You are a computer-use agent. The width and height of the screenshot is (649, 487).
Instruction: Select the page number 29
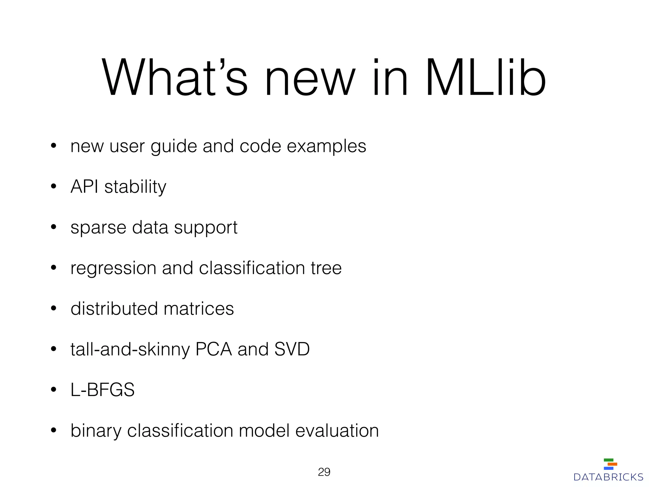(x=324, y=472)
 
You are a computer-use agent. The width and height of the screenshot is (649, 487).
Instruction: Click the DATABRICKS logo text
(x=608, y=477)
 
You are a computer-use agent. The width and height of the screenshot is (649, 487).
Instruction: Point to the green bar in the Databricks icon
(x=608, y=460)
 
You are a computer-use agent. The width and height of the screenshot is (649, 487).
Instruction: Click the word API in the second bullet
(x=84, y=186)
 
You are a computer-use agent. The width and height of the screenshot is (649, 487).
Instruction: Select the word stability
(x=135, y=187)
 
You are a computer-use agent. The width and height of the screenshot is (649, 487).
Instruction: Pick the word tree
(x=326, y=268)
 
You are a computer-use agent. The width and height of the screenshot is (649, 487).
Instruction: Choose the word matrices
(x=199, y=309)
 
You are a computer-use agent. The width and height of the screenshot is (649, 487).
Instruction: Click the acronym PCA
(x=214, y=349)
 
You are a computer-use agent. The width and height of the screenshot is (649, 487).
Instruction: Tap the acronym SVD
(x=292, y=349)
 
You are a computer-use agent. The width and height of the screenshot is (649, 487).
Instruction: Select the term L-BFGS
(x=102, y=390)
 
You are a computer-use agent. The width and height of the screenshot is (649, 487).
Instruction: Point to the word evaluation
(x=337, y=431)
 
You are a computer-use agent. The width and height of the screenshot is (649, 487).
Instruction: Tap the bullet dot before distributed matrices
(x=54, y=308)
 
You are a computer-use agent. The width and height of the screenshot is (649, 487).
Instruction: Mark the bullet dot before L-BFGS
(x=54, y=389)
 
